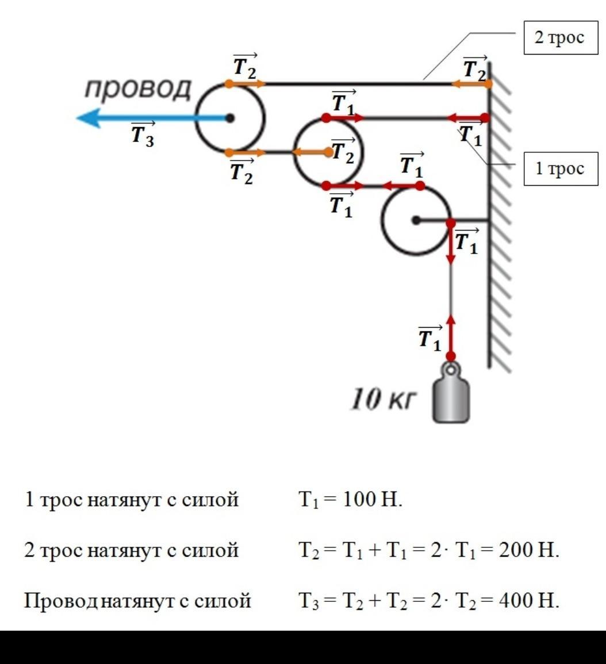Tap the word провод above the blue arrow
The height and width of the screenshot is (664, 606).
[x=138, y=89]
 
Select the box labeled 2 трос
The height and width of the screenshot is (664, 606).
[x=561, y=38]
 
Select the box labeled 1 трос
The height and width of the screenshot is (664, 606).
[x=561, y=168]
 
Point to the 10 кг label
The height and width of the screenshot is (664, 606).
[x=382, y=399]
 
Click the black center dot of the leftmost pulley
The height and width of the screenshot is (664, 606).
[x=229, y=118]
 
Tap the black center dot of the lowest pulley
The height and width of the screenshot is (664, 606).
[x=416, y=220]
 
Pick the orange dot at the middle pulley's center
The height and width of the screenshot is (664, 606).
[x=328, y=152]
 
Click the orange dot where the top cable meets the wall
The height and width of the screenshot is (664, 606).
[x=488, y=83]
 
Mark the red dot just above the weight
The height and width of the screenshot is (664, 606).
[x=451, y=356]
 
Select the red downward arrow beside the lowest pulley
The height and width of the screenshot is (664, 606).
[x=451, y=244]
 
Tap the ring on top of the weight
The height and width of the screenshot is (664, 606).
[x=451, y=369]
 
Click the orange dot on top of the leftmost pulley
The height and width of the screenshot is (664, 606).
[x=229, y=83]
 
